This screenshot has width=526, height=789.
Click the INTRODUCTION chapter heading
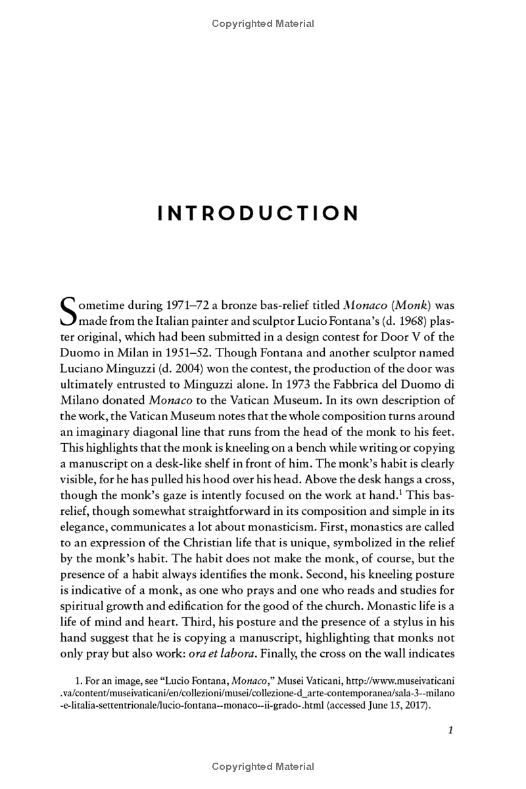pos(259,214)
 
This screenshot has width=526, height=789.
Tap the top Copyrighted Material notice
pos(263,24)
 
